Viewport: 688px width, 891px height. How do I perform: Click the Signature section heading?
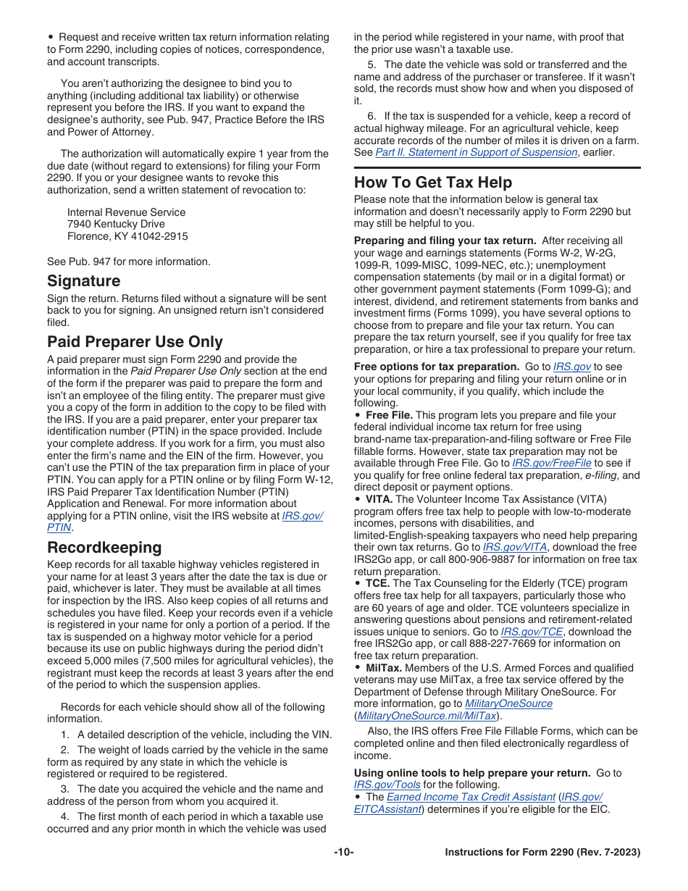[84, 281]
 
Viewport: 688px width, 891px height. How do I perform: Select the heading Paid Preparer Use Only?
[135, 342]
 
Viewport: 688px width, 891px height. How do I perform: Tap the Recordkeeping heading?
[104, 547]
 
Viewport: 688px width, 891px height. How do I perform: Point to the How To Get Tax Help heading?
[433, 183]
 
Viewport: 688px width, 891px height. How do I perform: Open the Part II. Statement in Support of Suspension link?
[476, 152]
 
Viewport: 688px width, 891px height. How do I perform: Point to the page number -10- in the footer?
[344, 853]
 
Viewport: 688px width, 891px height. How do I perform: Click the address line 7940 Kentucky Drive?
[116, 224]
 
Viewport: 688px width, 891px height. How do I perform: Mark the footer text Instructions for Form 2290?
[513, 853]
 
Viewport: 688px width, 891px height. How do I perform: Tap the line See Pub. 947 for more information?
[129, 262]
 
